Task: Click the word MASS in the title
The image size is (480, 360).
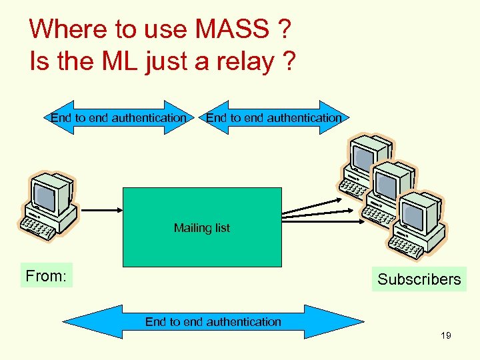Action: pos(229,29)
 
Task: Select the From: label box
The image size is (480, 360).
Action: pos(46,275)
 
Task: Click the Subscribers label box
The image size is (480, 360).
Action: pos(419,279)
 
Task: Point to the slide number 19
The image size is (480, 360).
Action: pos(445,335)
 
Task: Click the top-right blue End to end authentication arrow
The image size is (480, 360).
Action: pos(273,118)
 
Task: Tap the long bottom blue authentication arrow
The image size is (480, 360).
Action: pos(213,322)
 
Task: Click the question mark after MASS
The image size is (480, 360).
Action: pos(283,29)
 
